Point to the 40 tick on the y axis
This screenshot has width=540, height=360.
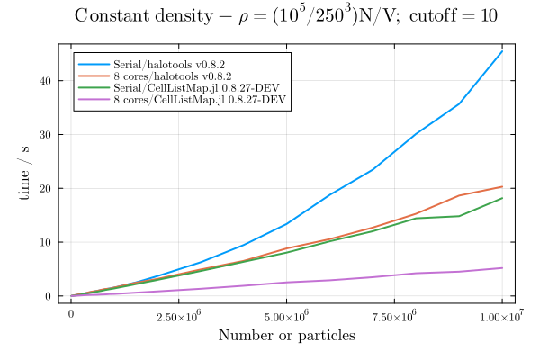click(x=48, y=80)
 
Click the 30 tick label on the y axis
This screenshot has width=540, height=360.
click(x=48, y=134)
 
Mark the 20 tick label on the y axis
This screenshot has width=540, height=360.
click(x=48, y=188)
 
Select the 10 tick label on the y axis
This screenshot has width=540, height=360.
click(x=48, y=242)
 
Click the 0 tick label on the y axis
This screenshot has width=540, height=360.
click(x=50, y=296)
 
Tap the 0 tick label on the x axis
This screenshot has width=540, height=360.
click(x=71, y=316)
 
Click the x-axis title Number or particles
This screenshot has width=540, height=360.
click(x=287, y=336)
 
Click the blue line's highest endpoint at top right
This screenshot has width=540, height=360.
click(x=502, y=50)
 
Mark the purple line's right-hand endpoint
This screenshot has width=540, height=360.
click(x=502, y=268)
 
